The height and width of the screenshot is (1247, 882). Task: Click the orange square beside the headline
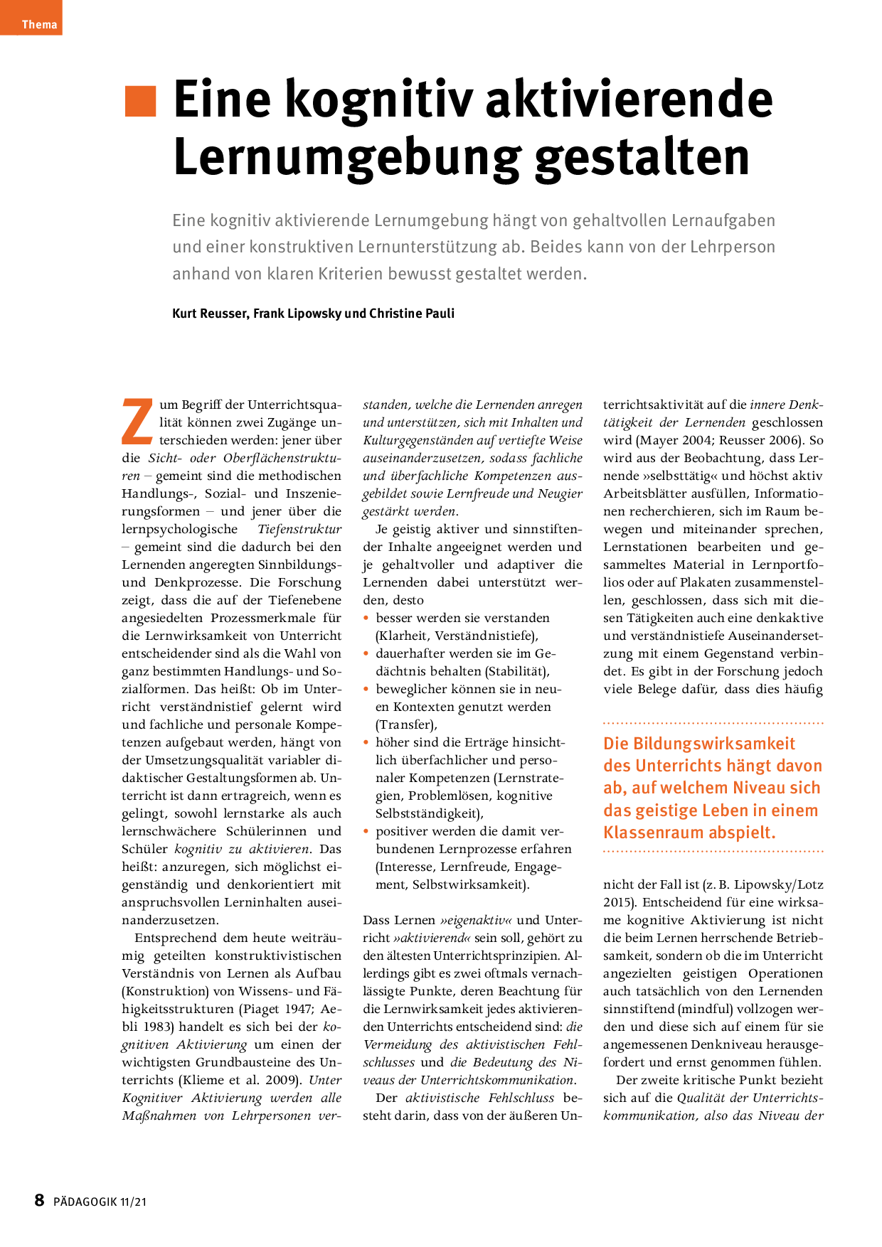point(140,101)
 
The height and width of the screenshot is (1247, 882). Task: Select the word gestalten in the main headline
point(642,158)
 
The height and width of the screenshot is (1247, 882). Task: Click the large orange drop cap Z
point(137,422)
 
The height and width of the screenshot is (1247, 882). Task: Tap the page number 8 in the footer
point(40,1201)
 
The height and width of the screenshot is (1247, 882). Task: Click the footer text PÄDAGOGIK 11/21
point(100,1202)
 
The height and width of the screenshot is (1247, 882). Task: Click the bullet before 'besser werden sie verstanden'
point(366,619)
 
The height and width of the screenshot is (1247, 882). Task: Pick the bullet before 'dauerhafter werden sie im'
point(366,654)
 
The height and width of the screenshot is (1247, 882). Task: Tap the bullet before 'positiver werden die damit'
point(366,832)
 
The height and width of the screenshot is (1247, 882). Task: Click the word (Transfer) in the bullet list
point(405,725)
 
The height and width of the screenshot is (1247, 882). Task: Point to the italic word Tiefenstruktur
point(299,530)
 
